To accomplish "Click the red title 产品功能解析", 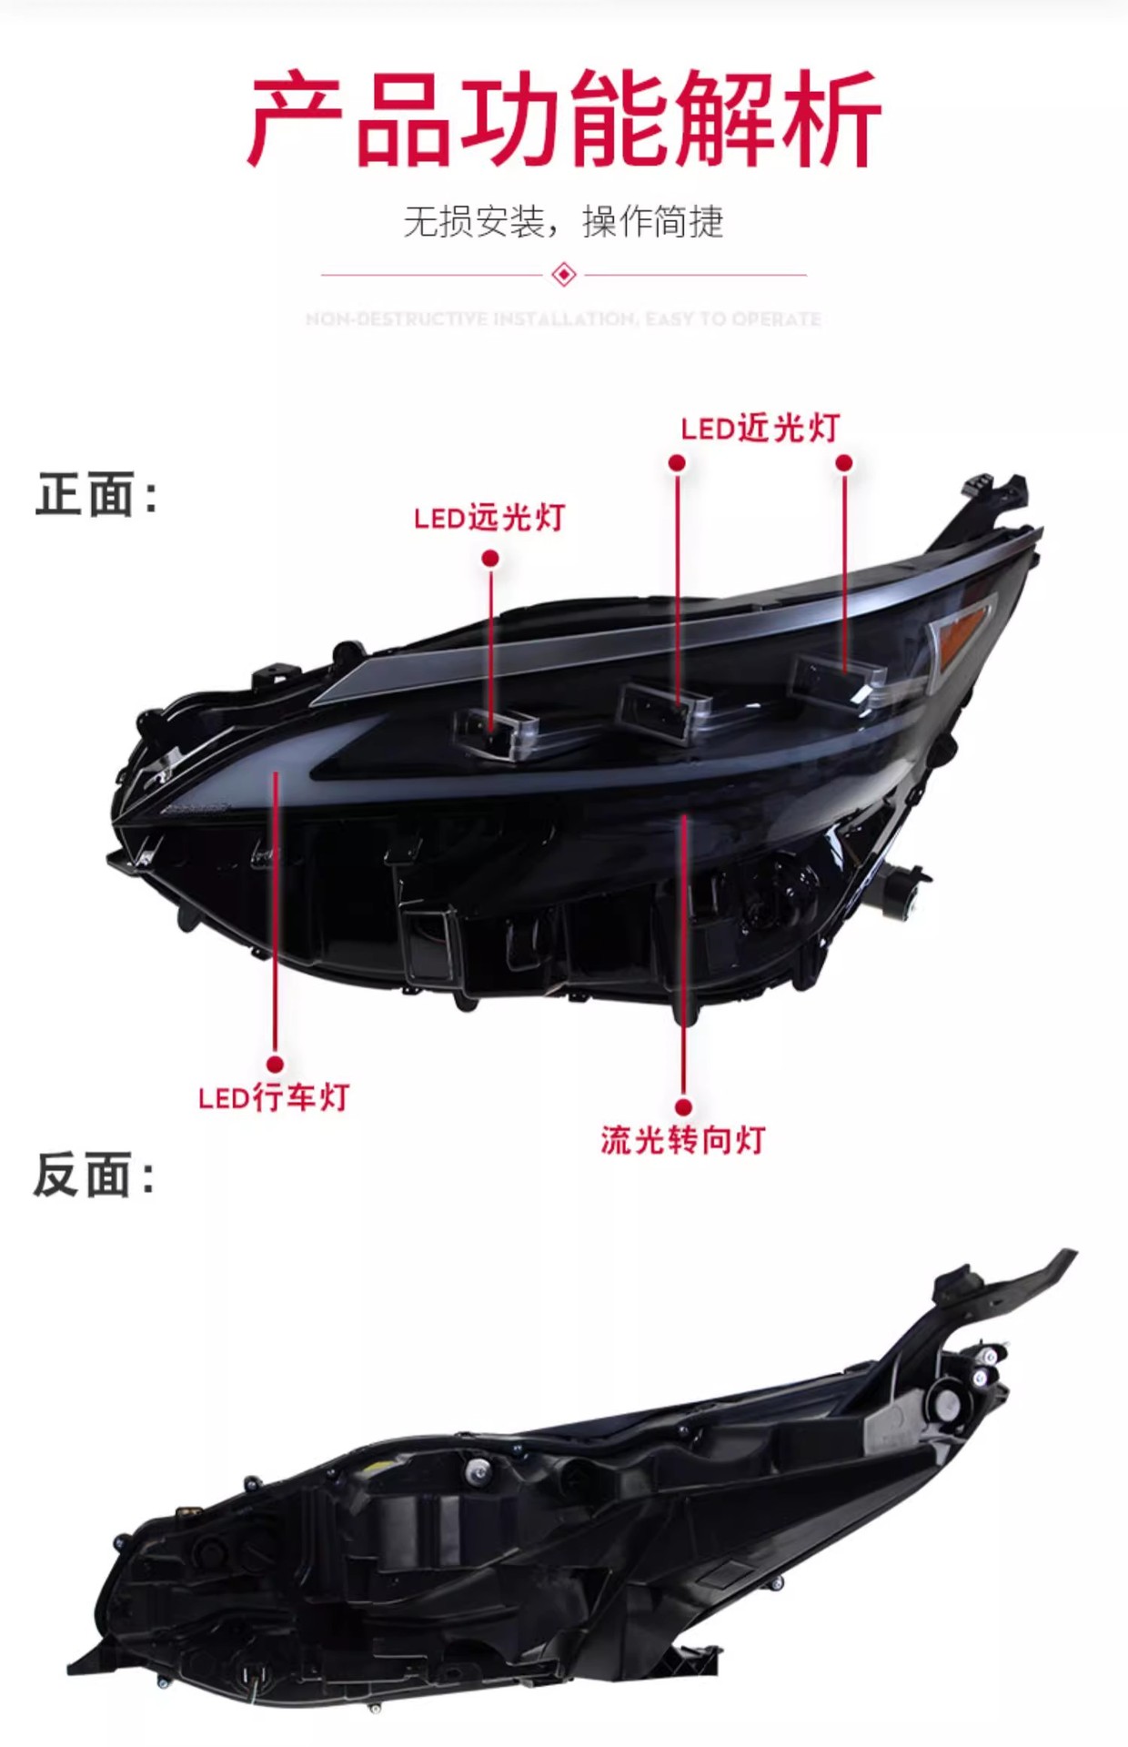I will (x=564, y=120).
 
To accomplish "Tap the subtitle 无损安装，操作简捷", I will (x=564, y=222).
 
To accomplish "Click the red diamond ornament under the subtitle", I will (x=564, y=274).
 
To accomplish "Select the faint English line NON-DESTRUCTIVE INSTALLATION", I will (x=564, y=319).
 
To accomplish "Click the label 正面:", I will (x=96, y=496).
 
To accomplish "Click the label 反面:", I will (x=95, y=1175).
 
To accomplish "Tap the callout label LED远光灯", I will (x=489, y=518).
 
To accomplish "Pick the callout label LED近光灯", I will (x=760, y=429).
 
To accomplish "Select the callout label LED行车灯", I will (x=274, y=1097).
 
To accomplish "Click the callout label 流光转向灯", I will (x=683, y=1140).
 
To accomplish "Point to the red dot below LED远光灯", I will (x=490, y=558).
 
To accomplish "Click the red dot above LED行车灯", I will (x=275, y=1064).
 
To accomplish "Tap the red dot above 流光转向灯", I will (x=684, y=1106).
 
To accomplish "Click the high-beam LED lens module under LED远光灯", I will (x=496, y=731).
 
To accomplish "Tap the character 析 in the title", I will (x=833, y=120).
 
